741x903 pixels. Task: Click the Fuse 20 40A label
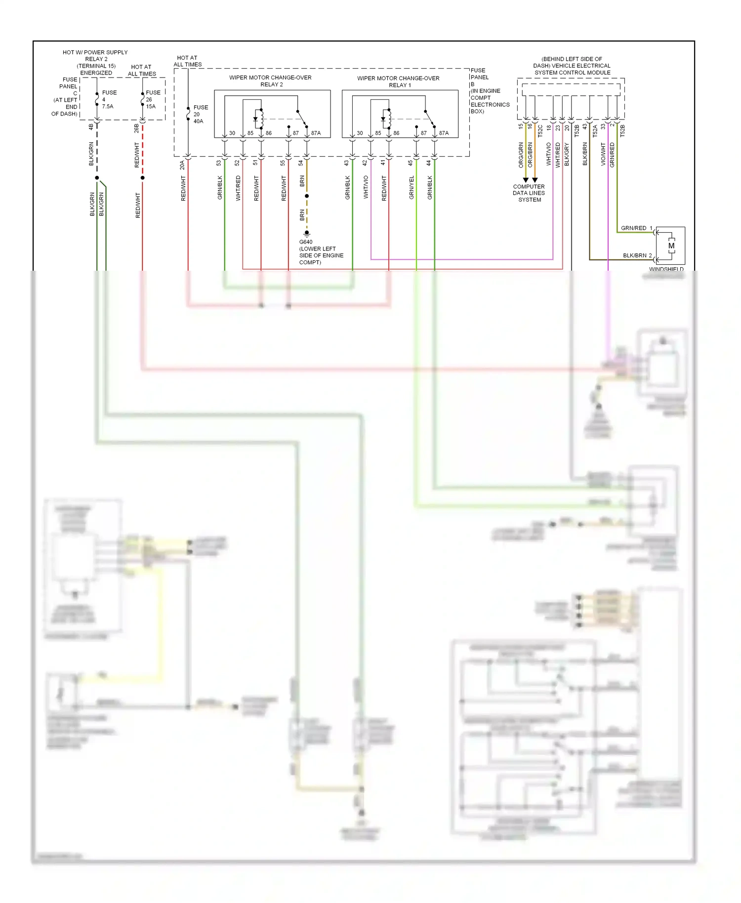point(200,114)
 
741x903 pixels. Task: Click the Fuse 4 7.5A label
point(108,99)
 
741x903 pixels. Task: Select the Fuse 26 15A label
point(152,99)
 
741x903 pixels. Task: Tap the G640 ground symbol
point(307,233)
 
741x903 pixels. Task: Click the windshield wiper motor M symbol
point(671,246)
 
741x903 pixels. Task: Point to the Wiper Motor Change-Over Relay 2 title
point(270,81)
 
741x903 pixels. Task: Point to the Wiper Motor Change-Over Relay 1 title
point(398,82)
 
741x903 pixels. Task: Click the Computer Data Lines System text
point(529,193)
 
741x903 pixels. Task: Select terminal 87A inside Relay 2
point(316,133)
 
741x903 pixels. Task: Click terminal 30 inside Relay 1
point(360,133)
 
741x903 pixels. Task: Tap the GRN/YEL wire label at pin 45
point(412,188)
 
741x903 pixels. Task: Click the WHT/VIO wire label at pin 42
point(366,187)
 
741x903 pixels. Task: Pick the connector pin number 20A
point(182,165)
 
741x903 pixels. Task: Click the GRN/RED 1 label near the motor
point(636,228)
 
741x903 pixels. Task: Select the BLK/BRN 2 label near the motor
point(637,256)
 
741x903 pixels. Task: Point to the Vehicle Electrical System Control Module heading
point(572,66)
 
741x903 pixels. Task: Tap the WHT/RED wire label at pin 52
point(238,188)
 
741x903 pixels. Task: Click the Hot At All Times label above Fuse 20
point(188,61)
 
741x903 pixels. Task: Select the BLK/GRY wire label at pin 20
point(567,154)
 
